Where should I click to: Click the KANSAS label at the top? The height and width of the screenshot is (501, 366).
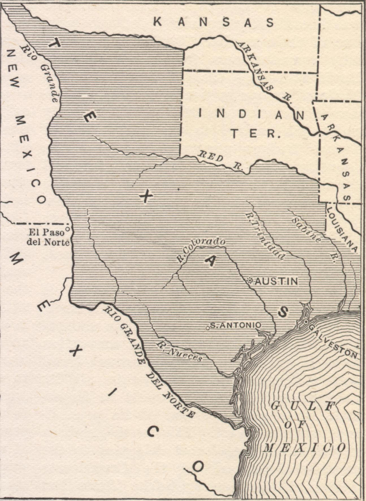pos(214,22)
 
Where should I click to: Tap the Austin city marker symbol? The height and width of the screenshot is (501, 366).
pos(250,281)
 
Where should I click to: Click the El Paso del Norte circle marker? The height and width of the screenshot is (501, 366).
pos(68,227)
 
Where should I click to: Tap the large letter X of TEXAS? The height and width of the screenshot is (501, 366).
pos(147,196)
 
